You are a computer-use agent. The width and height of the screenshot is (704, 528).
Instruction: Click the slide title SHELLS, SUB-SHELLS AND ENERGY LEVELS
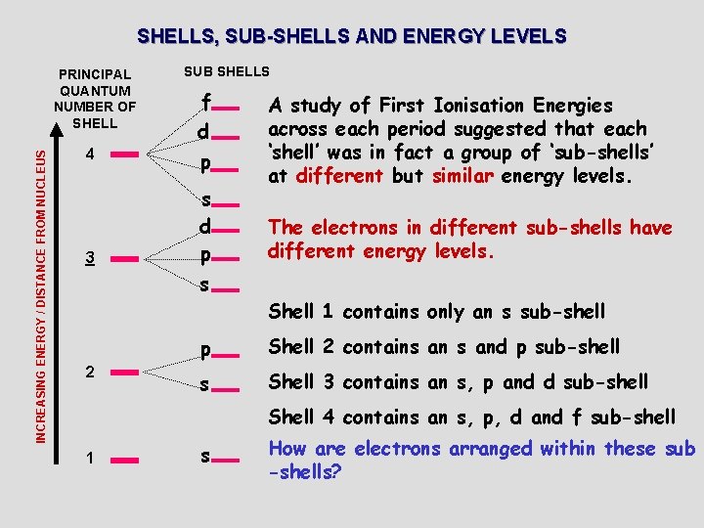click(351, 37)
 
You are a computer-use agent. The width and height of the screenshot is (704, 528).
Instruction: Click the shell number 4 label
click(89, 154)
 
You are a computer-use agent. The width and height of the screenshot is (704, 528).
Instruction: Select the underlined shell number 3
click(89, 258)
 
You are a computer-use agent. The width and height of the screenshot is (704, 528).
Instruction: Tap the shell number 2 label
click(89, 372)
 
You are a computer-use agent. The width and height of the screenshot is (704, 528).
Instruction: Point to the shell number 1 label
click(89, 458)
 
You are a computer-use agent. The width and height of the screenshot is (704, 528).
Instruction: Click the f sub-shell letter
click(205, 102)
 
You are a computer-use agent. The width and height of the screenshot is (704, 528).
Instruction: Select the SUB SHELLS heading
click(226, 71)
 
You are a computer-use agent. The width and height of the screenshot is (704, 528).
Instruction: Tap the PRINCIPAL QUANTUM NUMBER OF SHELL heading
click(95, 99)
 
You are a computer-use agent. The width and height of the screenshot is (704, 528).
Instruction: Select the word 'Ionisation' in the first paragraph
click(500, 105)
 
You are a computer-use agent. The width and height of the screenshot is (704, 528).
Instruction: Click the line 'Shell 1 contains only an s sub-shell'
click(437, 312)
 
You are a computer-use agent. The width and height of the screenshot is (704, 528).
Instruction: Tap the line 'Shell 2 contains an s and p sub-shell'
click(444, 346)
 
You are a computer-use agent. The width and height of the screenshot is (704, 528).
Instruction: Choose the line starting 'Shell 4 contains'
click(471, 418)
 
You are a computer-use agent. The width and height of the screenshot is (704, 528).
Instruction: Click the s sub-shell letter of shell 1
click(205, 457)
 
